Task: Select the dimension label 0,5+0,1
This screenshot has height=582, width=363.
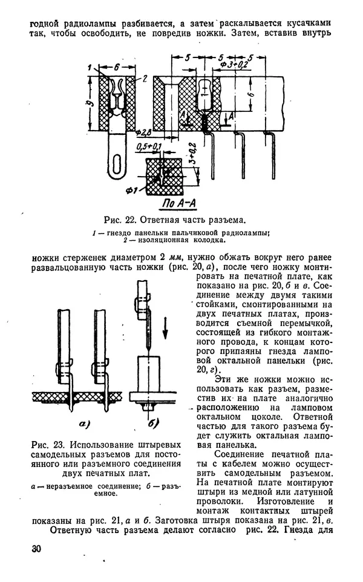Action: (149, 147)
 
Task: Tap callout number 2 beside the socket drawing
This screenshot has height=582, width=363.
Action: (145, 77)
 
